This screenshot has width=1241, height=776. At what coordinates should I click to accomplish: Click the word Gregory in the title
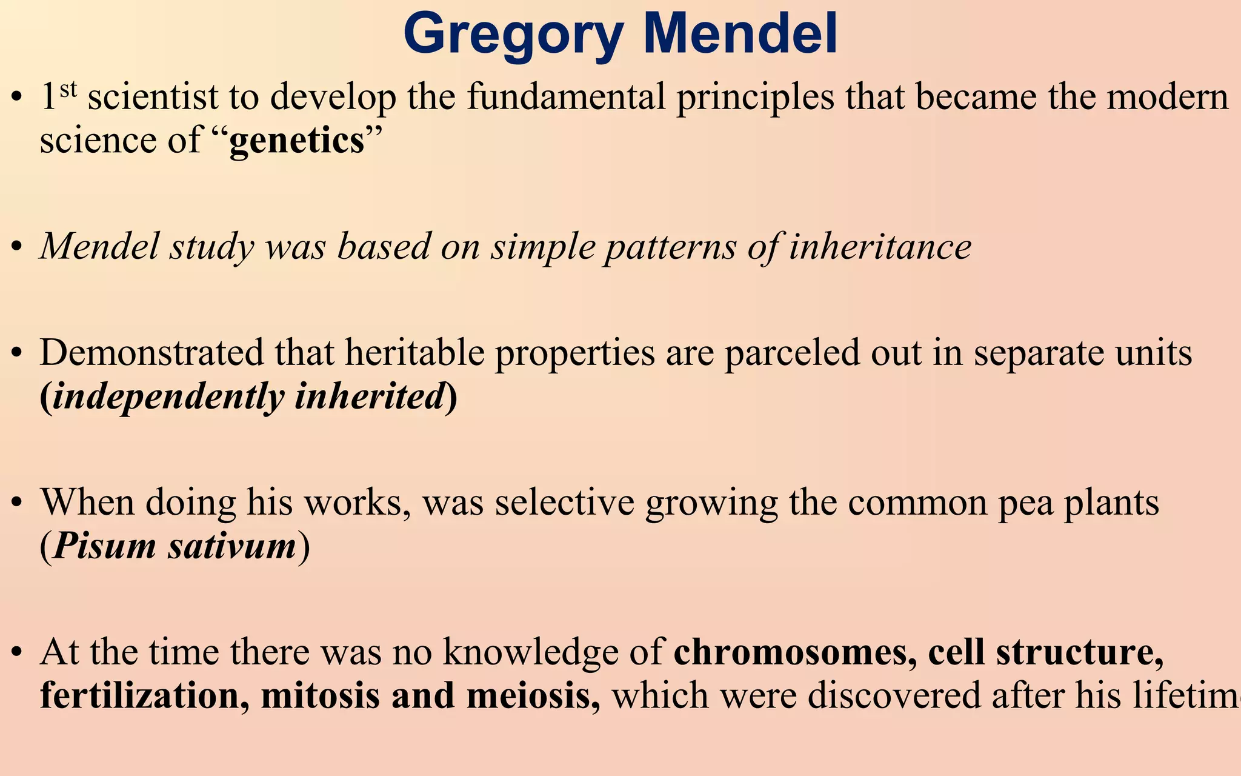(513, 35)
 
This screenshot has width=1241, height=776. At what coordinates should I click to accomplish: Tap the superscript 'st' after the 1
(68, 89)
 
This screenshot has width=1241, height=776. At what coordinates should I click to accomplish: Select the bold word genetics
(296, 141)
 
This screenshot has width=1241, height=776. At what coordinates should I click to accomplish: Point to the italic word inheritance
(880, 247)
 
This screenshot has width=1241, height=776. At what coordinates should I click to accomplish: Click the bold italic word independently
(168, 397)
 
